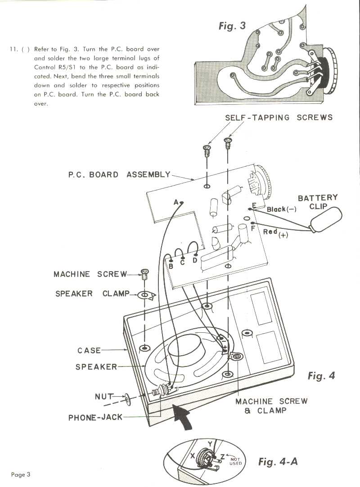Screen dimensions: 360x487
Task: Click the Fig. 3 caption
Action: (x=232, y=26)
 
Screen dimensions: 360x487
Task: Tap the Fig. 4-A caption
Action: (x=278, y=461)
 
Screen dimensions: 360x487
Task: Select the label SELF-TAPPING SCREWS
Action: (x=279, y=117)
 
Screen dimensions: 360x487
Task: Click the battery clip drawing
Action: (x=326, y=220)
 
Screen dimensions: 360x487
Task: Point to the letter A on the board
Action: (x=176, y=202)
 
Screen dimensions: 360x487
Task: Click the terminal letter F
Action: (x=253, y=228)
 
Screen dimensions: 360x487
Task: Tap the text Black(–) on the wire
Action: (x=281, y=209)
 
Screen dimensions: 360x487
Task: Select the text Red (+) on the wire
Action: (x=275, y=233)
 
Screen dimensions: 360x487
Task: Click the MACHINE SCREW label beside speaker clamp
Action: (x=90, y=274)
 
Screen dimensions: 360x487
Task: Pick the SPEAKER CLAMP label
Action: (x=92, y=294)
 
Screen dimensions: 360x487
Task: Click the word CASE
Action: (x=89, y=350)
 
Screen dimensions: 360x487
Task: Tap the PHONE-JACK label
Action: (x=95, y=417)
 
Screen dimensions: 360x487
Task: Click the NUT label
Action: (x=104, y=397)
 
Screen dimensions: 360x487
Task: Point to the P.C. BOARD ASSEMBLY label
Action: (x=119, y=174)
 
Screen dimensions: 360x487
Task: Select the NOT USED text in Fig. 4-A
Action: (x=235, y=461)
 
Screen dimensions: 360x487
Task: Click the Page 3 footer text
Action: (x=21, y=474)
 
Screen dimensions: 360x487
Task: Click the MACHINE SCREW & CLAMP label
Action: (x=271, y=406)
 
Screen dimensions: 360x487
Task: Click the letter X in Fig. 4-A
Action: (x=193, y=456)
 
